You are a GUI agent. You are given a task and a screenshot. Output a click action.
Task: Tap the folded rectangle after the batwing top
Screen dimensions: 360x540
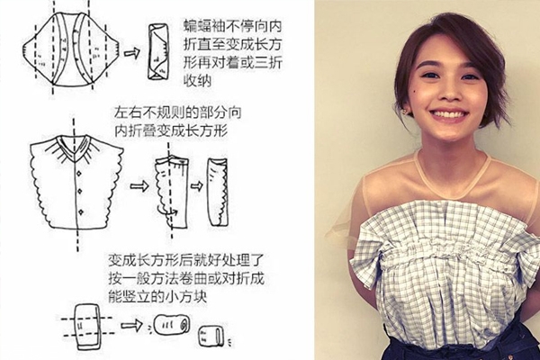coord(162,51)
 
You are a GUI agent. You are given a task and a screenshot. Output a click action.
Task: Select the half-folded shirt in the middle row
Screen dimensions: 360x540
coord(172,187)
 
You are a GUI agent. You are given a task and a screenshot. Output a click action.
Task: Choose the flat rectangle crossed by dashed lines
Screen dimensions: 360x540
coord(86,325)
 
